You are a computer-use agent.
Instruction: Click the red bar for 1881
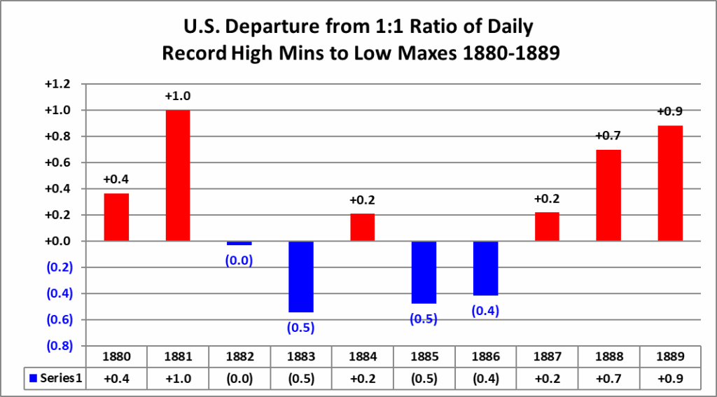(x=178, y=175)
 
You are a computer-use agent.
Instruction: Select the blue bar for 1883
(x=300, y=277)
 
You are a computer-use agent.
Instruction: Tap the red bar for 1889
(x=670, y=183)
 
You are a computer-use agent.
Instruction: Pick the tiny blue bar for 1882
(x=239, y=243)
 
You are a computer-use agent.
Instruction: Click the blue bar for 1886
(x=485, y=268)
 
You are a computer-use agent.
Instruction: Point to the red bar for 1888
(x=608, y=195)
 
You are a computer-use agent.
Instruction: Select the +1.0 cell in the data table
(x=178, y=378)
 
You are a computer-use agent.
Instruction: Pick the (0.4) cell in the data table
(x=485, y=378)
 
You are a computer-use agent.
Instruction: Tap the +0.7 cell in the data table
(x=608, y=378)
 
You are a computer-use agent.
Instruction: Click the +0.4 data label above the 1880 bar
(x=116, y=179)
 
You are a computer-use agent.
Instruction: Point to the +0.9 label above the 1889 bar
(x=669, y=111)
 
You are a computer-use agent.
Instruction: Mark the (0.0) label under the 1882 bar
(x=239, y=260)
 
